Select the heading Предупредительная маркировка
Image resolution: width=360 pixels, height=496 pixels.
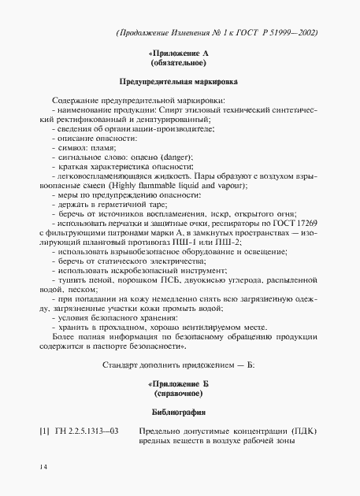tap(180, 81)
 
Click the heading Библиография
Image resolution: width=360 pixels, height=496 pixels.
tap(180, 413)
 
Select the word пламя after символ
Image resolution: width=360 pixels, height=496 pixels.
tap(103, 147)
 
